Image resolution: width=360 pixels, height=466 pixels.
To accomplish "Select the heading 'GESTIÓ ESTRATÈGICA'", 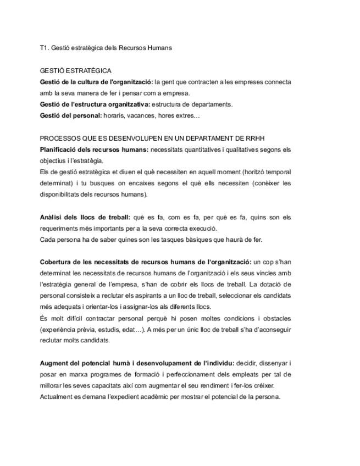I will (75, 71).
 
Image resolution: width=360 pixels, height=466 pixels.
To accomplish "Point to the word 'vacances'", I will (145, 115).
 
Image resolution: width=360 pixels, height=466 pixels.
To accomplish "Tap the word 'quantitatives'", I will (203, 149).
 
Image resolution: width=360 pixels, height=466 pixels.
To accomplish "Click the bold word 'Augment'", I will (54, 363).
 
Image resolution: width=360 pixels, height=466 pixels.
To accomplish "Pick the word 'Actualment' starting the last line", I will (57, 397).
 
